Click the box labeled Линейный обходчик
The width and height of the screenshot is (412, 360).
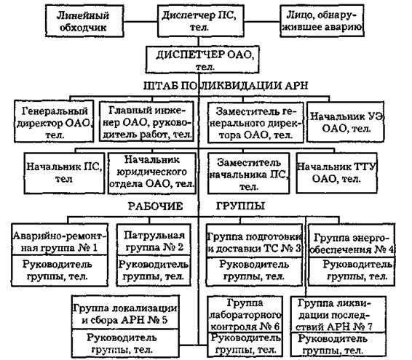click(x=84, y=21)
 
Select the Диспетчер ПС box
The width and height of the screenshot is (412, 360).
click(x=200, y=21)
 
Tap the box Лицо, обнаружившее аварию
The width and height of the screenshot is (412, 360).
click(x=322, y=21)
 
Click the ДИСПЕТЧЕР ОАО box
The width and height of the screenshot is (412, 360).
click(x=202, y=60)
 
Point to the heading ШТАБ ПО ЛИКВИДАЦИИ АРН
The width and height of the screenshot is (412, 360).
click(x=226, y=86)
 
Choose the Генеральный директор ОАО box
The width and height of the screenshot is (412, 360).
click(x=54, y=121)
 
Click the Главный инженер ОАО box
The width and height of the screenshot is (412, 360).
click(x=146, y=122)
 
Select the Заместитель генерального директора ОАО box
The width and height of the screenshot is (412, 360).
click(x=255, y=123)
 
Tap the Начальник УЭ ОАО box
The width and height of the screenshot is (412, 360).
click(x=346, y=122)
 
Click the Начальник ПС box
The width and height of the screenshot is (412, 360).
click(x=64, y=173)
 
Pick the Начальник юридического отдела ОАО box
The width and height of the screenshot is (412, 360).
click(x=152, y=174)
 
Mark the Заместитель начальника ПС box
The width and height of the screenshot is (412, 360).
click(x=248, y=174)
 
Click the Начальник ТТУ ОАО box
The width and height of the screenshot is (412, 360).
click(x=336, y=173)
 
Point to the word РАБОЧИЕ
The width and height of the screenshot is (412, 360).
click(x=155, y=207)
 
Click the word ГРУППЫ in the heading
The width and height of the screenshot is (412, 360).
click(x=240, y=206)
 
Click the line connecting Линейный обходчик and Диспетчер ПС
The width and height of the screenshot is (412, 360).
click(x=140, y=22)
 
